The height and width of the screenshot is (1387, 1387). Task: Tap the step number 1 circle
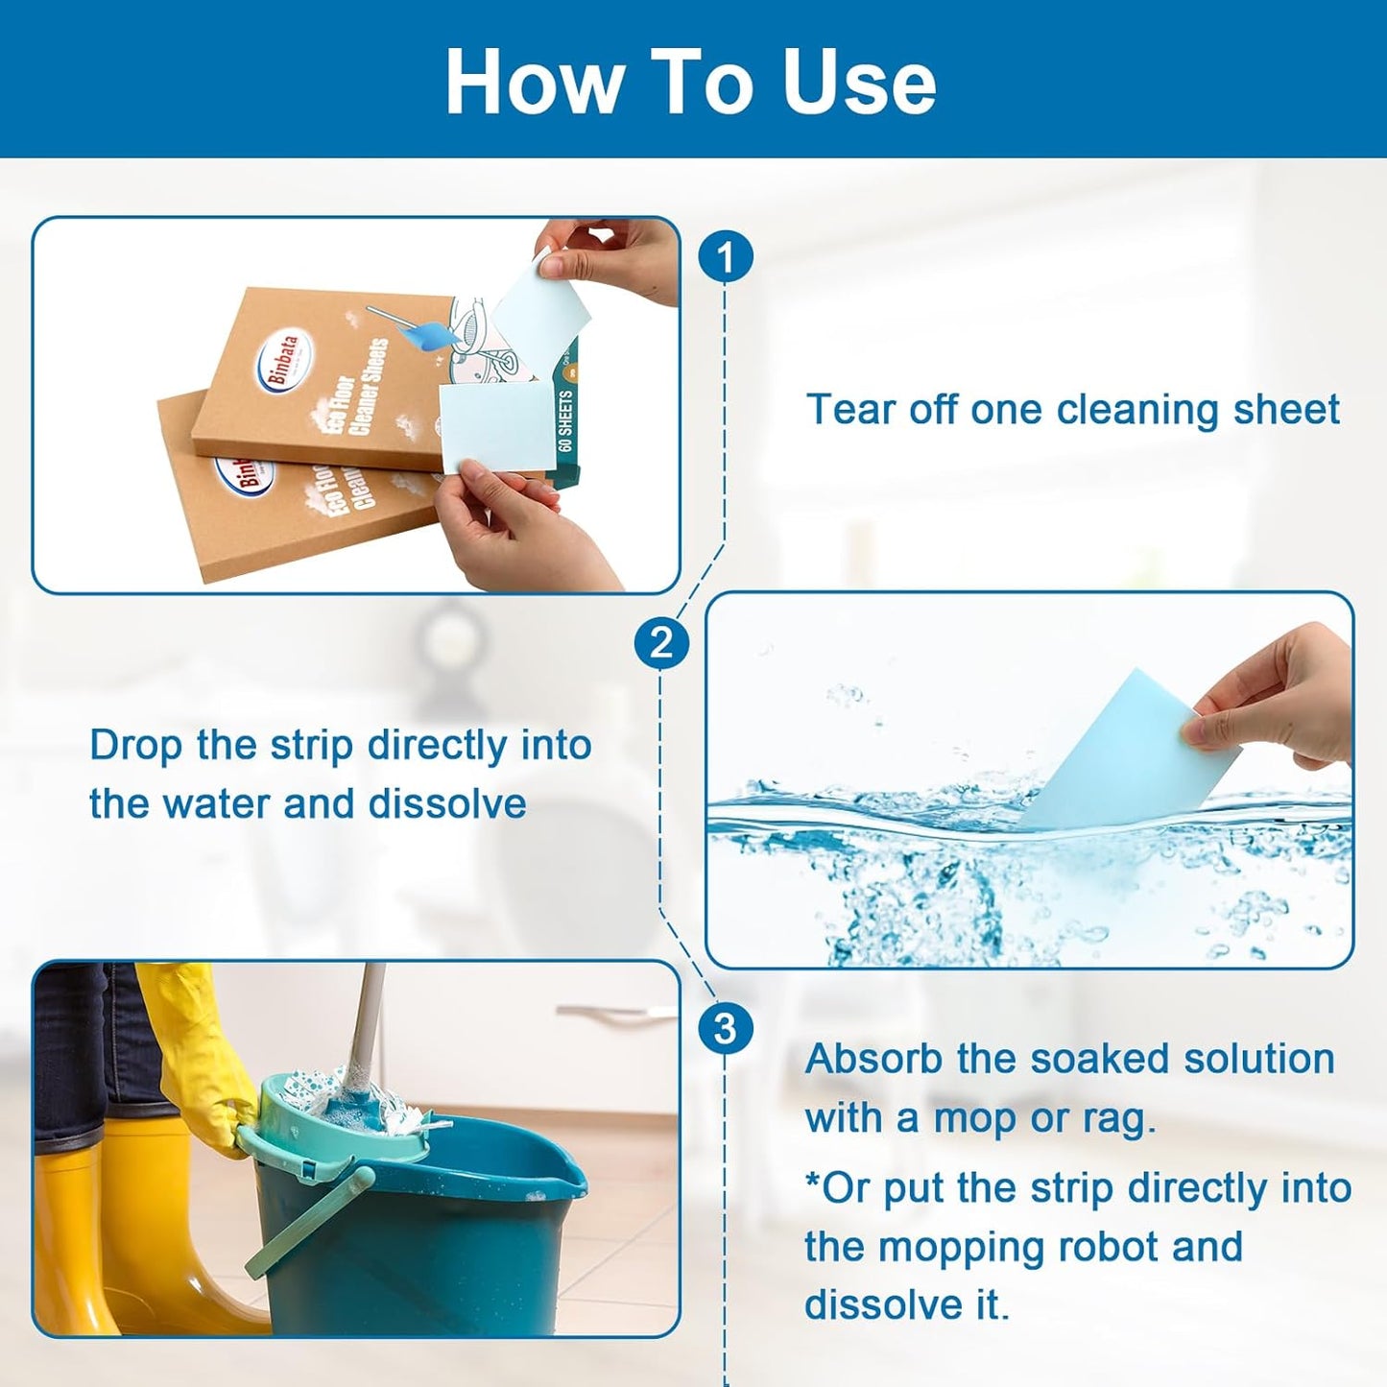point(726,257)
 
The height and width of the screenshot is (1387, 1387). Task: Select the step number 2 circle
point(660,642)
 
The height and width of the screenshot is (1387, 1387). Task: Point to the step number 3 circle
point(726,1029)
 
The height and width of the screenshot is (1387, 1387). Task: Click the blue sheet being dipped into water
point(1123,749)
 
